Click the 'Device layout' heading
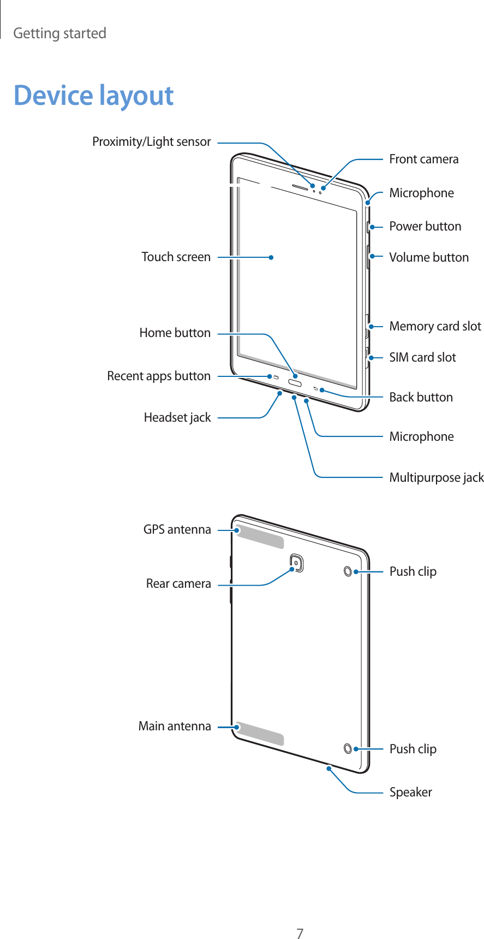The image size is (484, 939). coord(93,96)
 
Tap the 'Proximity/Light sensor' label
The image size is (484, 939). coord(151,142)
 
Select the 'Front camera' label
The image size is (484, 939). coord(423,160)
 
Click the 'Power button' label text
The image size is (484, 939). coord(425,226)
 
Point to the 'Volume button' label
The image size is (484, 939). coord(428,257)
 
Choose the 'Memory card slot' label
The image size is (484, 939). coord(435,327)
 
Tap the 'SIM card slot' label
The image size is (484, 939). coord(422,358)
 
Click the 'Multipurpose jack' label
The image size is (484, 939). coord(436,478)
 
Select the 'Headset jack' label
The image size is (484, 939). coord(177,418)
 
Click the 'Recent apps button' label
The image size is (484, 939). coord(158,376)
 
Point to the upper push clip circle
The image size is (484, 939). coord(348,571)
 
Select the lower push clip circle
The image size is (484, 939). coord(348,748)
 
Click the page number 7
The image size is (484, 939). coord(300,918)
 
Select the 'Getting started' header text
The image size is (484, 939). coord(59,33)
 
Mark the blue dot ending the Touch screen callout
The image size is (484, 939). coord(271,257)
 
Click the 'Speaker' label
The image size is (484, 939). coord(410,793)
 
